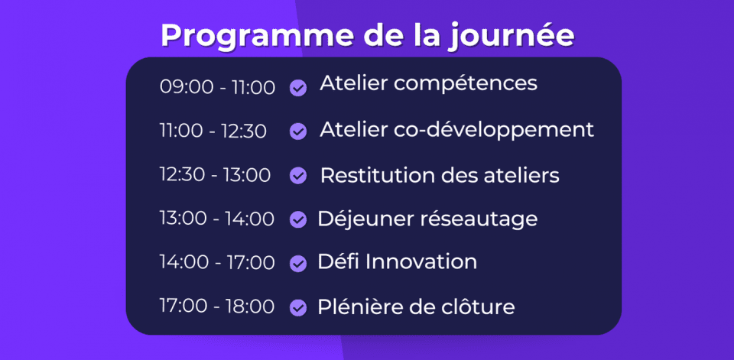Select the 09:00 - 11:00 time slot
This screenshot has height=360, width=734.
click(217, 87)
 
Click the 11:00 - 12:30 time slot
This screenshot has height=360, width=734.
click(213, 131)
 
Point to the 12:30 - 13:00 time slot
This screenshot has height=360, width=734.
click(215, 174)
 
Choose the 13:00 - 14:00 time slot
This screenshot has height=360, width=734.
click(216, 219)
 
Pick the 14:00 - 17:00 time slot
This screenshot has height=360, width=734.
click(216, 262)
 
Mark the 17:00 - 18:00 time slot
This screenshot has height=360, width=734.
click(216, 306)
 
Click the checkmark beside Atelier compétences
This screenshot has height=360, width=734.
click(298, 88)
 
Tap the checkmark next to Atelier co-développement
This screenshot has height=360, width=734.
click(298, 131)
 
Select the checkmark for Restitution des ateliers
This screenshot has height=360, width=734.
click(298, 176)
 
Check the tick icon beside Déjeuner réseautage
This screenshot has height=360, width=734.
click(298, 219)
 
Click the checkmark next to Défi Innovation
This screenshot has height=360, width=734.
click(298, 263)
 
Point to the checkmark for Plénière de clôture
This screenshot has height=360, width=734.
click(298, 307)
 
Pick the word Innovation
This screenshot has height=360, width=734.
click(421, 261)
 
